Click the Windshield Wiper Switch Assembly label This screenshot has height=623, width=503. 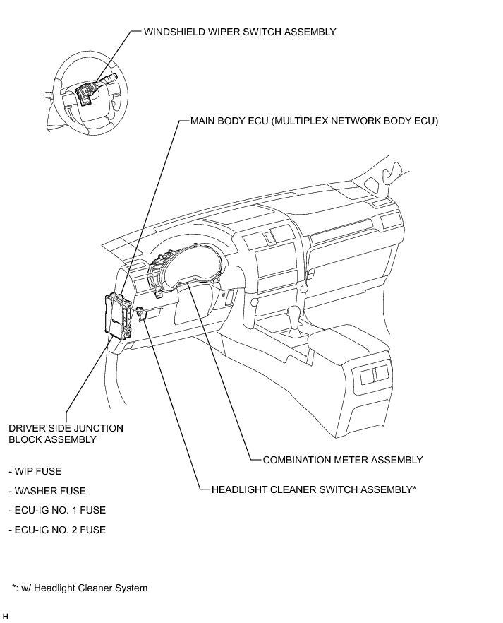tap(240, 32)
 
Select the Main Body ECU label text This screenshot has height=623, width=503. tap(315, 121)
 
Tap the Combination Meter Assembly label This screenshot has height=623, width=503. tap(343, 460)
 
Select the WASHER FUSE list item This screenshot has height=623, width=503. tap(47, 491)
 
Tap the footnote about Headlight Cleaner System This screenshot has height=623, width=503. tap(80, 588)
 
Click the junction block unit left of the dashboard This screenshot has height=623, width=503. tap(116, 316)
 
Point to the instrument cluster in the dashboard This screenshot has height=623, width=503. tap(186, 272)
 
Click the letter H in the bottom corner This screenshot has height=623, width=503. tap(6, 617)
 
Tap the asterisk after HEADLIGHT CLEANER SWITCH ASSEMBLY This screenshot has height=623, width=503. tap(414, 487)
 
